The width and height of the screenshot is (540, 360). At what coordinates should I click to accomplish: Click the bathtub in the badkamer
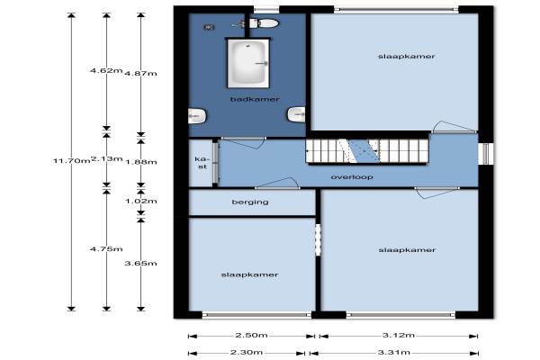coord(248,63)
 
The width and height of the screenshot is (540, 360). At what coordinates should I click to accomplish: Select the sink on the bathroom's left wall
coord(197,116)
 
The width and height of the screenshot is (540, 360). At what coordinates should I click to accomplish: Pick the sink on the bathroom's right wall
coord(296,114)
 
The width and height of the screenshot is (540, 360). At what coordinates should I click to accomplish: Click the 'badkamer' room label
coord(255,99)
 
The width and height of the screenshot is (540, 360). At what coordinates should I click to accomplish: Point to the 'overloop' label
coord(352,177)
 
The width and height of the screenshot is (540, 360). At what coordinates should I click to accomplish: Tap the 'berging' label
coord(250,202)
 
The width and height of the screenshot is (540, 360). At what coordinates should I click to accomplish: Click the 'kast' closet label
coord(202,163)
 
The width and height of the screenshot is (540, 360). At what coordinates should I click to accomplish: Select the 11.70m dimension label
coord(71,160)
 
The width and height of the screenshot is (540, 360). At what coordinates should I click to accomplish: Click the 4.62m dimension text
coord(106,70)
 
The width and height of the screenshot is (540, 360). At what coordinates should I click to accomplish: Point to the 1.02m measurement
coord(141,201)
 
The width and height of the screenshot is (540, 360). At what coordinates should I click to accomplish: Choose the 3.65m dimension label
coord(140,264)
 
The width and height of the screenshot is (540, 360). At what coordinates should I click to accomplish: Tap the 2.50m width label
coord(251,335)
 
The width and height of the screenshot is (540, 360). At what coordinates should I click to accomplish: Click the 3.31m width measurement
coord(394,353)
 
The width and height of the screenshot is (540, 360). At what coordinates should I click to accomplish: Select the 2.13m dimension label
coord(106,158)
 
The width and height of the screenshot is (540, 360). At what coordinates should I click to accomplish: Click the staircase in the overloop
coord(367,151)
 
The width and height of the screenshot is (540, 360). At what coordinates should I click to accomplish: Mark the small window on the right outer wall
coord(486,154)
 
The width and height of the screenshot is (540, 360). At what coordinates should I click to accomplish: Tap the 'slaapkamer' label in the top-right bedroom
coord(407,57)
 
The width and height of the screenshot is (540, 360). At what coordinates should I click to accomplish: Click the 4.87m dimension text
coord(140,74)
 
